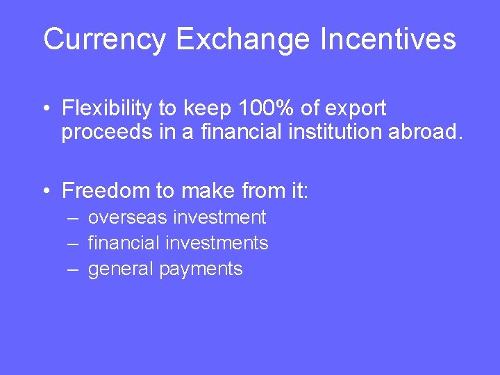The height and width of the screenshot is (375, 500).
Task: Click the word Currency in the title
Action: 104,40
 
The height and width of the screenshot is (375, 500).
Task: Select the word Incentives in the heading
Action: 388,40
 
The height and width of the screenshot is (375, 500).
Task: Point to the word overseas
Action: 128,218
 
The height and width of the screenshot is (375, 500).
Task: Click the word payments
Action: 201,269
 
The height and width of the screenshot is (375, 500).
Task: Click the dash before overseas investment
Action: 74,218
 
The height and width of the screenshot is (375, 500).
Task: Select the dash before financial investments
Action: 74,244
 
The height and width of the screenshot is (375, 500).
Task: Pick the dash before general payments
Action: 74,269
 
